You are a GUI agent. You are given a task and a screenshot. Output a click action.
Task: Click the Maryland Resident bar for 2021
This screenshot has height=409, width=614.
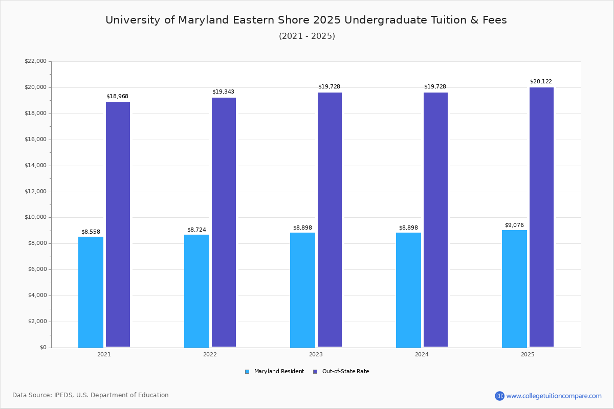[x=91, y=292]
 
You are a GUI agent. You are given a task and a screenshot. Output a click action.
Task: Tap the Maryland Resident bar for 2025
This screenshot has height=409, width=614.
[x=514, y=289]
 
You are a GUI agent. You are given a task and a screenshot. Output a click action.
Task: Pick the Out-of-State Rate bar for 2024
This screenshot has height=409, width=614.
[x=435, y=220]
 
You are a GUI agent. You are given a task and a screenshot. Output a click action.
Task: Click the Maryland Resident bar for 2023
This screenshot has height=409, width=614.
[x=302, y=290]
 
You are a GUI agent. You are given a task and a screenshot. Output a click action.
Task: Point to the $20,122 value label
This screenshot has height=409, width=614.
[x=541, y=82]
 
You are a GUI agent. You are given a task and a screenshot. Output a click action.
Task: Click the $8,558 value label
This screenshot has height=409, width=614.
[x=91, y=232]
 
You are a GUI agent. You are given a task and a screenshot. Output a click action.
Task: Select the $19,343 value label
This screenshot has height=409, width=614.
[x=223, y=92]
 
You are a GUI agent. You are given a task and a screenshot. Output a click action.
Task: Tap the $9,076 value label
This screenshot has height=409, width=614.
[x=514, y=225]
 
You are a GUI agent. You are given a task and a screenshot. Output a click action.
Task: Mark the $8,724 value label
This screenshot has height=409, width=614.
[x=196, y=230]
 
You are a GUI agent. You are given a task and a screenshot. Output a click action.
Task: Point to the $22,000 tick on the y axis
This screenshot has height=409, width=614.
[x=35, y=61]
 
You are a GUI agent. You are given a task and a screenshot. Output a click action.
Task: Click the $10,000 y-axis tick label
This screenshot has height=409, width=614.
[x=35, y=217]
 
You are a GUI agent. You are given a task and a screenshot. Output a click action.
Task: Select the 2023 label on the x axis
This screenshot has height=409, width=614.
[x=316, y=354]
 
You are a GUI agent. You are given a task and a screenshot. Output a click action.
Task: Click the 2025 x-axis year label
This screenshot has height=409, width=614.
[x=528, y=354]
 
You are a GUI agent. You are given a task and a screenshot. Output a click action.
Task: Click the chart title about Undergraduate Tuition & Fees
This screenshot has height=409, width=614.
[x=306, y=20]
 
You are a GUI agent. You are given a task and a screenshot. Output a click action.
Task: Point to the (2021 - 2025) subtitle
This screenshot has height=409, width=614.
[x=306, y=36]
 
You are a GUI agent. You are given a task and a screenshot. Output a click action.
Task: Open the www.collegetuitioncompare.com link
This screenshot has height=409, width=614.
[x=554, y=396]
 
